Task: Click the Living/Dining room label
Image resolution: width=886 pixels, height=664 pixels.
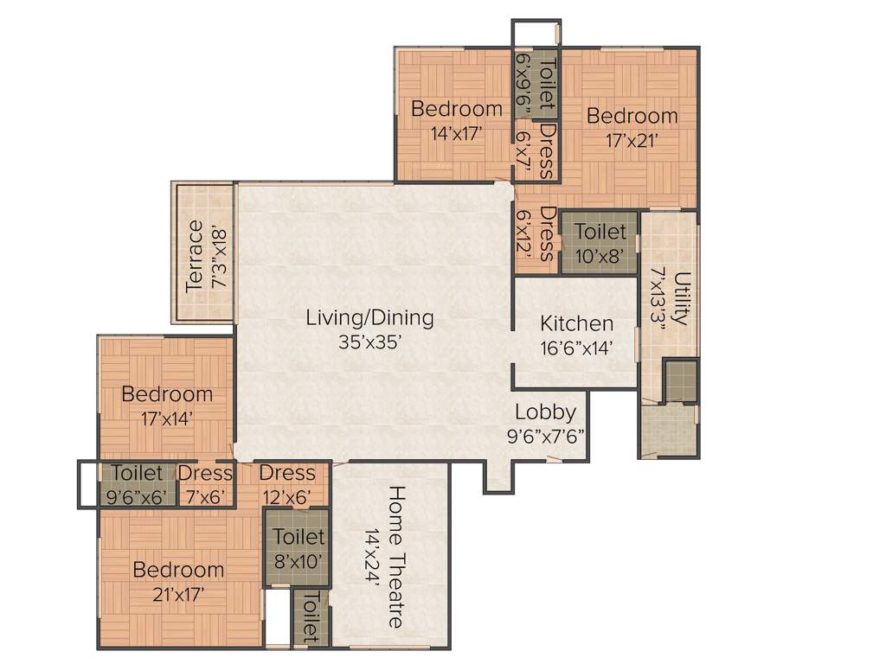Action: [369, 317]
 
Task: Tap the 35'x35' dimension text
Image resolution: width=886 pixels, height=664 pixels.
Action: [369, 342]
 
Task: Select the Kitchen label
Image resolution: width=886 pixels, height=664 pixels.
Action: [577, 324]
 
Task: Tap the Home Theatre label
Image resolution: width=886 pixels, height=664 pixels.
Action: [395, 556]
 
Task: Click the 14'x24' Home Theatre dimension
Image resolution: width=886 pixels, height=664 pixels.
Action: [372, 557]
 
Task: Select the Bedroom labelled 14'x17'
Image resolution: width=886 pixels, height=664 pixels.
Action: [456, 109]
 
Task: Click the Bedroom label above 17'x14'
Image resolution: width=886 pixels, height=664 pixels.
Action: [167, 394]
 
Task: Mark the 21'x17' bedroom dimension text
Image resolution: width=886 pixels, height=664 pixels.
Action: [179, 594]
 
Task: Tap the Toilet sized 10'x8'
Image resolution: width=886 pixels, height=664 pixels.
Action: [600, 232]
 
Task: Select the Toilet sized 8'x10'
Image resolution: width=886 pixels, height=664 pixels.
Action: [299, 538]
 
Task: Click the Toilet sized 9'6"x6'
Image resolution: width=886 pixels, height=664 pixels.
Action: [137, 473]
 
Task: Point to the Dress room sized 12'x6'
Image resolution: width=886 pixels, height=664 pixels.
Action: [287, 473]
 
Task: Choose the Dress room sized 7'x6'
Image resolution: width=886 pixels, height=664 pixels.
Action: [206, 473]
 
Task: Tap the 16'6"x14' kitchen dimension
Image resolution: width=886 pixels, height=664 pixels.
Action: [577, 348]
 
